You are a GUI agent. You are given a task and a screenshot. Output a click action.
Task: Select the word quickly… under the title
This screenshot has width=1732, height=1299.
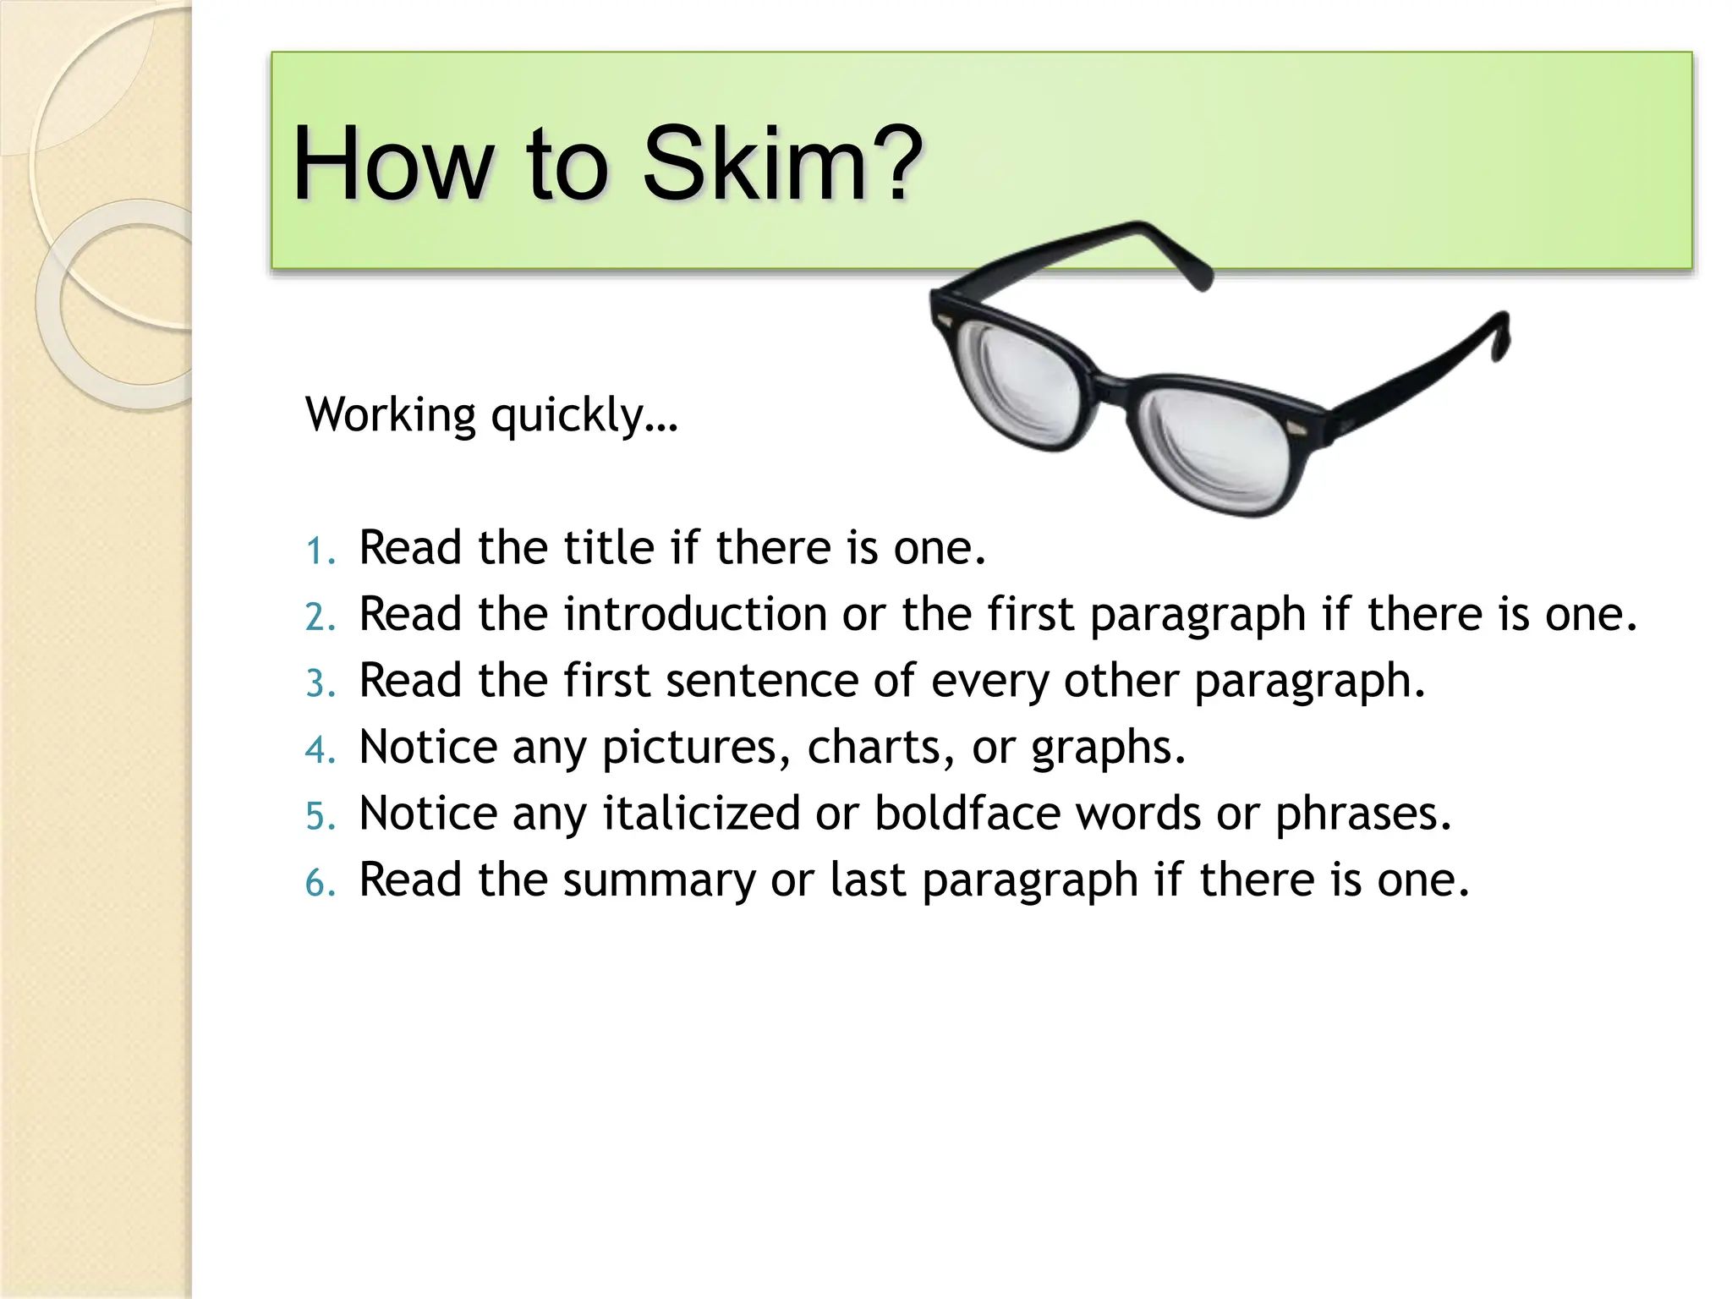tap(584, 415)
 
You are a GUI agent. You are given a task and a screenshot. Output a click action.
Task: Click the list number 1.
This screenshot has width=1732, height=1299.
tap(318, 551)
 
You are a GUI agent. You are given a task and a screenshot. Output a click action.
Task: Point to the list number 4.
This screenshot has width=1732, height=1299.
tap(318, 750)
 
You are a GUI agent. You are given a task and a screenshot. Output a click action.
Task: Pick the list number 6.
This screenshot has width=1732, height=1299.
tap(318, 883)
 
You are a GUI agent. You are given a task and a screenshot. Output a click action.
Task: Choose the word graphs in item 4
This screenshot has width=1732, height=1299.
tap(1108, 748)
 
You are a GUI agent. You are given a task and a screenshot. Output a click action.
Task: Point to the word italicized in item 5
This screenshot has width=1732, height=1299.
tap(701, 813)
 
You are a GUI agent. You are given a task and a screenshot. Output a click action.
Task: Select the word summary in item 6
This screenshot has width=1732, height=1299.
tap(659, 880)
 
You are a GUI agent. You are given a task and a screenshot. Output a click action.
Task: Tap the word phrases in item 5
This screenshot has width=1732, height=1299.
tap(1362, 814)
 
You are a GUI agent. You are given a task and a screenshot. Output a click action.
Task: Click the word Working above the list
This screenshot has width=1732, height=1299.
tap(391, 415)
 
